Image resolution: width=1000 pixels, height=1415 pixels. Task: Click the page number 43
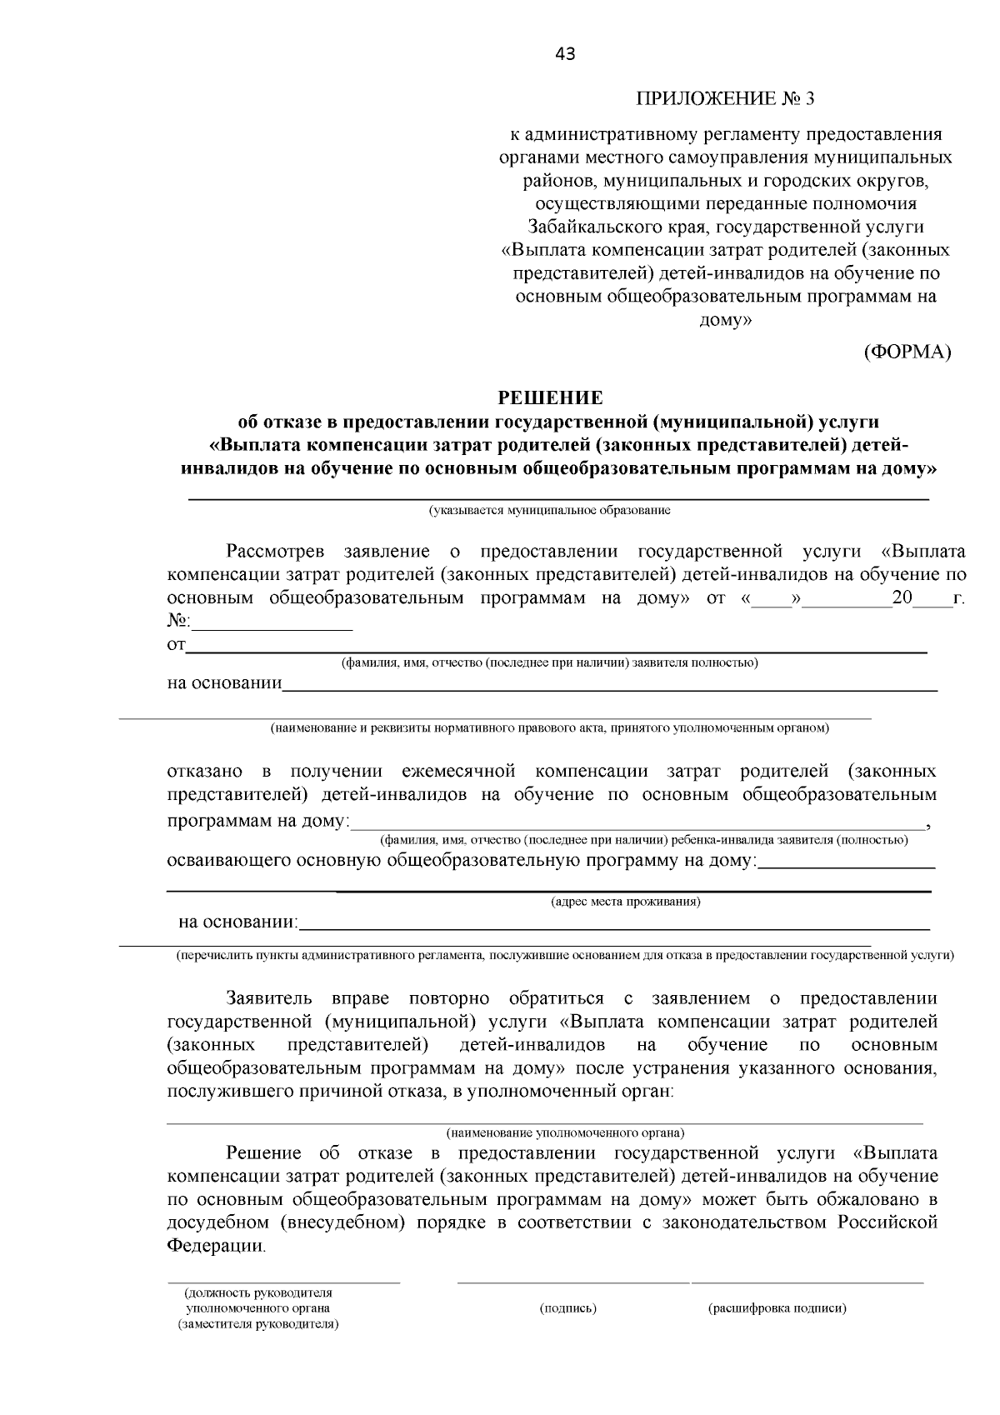pos(564,54)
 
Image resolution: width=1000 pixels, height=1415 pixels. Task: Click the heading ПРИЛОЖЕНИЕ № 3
pos(724,99)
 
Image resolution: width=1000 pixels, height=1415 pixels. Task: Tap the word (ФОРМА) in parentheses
pos(907,351)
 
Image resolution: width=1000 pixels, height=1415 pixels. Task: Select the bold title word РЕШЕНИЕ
pos(550,397)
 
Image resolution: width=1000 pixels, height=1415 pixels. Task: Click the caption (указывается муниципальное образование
pos(550,510)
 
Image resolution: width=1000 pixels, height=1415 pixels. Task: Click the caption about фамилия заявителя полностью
pos(549,662)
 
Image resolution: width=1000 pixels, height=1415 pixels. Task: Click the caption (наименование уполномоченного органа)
pos(565,1132)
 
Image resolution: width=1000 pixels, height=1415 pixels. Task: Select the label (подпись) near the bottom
pos(567,1308)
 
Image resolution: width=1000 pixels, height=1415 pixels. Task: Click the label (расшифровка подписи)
pos(777,1308)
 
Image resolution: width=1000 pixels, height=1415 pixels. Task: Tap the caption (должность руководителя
pos(257,1293)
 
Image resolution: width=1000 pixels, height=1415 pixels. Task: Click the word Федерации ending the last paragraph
pos(216,1246)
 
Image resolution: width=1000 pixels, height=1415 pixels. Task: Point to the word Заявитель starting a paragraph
pos(268,998)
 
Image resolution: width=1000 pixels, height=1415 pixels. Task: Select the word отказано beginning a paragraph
pos(204,771)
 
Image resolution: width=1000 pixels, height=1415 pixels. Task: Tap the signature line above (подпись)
pos(572,1282)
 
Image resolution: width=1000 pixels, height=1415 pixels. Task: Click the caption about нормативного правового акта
pos(549,728)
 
